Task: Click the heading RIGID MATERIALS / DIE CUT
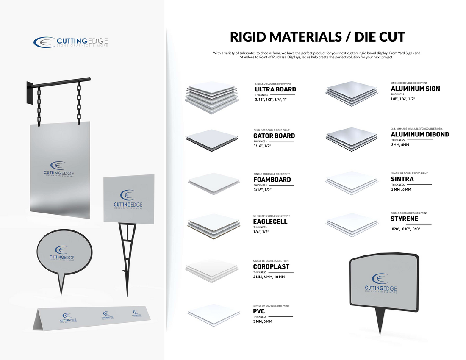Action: tap(317, 37)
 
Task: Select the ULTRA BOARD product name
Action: tap(275, 89)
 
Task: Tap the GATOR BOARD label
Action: tap(274, 136)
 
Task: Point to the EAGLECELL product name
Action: tap(270, 222)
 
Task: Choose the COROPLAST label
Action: tap(271, 267)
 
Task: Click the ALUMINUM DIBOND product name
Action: tap(420, 134)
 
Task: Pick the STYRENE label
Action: tap(404, 219)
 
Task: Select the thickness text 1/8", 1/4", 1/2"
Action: tap(403, 99)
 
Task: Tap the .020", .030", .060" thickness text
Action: tap(405, 230)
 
